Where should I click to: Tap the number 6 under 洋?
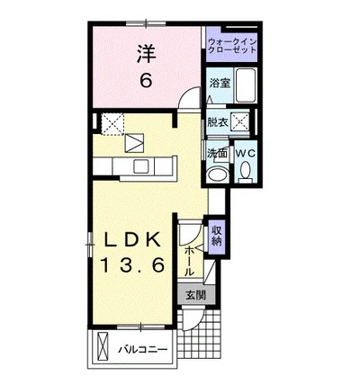pyautogui.click(x=144, y=80)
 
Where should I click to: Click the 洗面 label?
pyautogui.click(x=217, y=153)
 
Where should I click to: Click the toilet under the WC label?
pyautogui.click(x=246, y=175)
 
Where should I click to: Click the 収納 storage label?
pyautogui.click(x=217, y=236)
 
